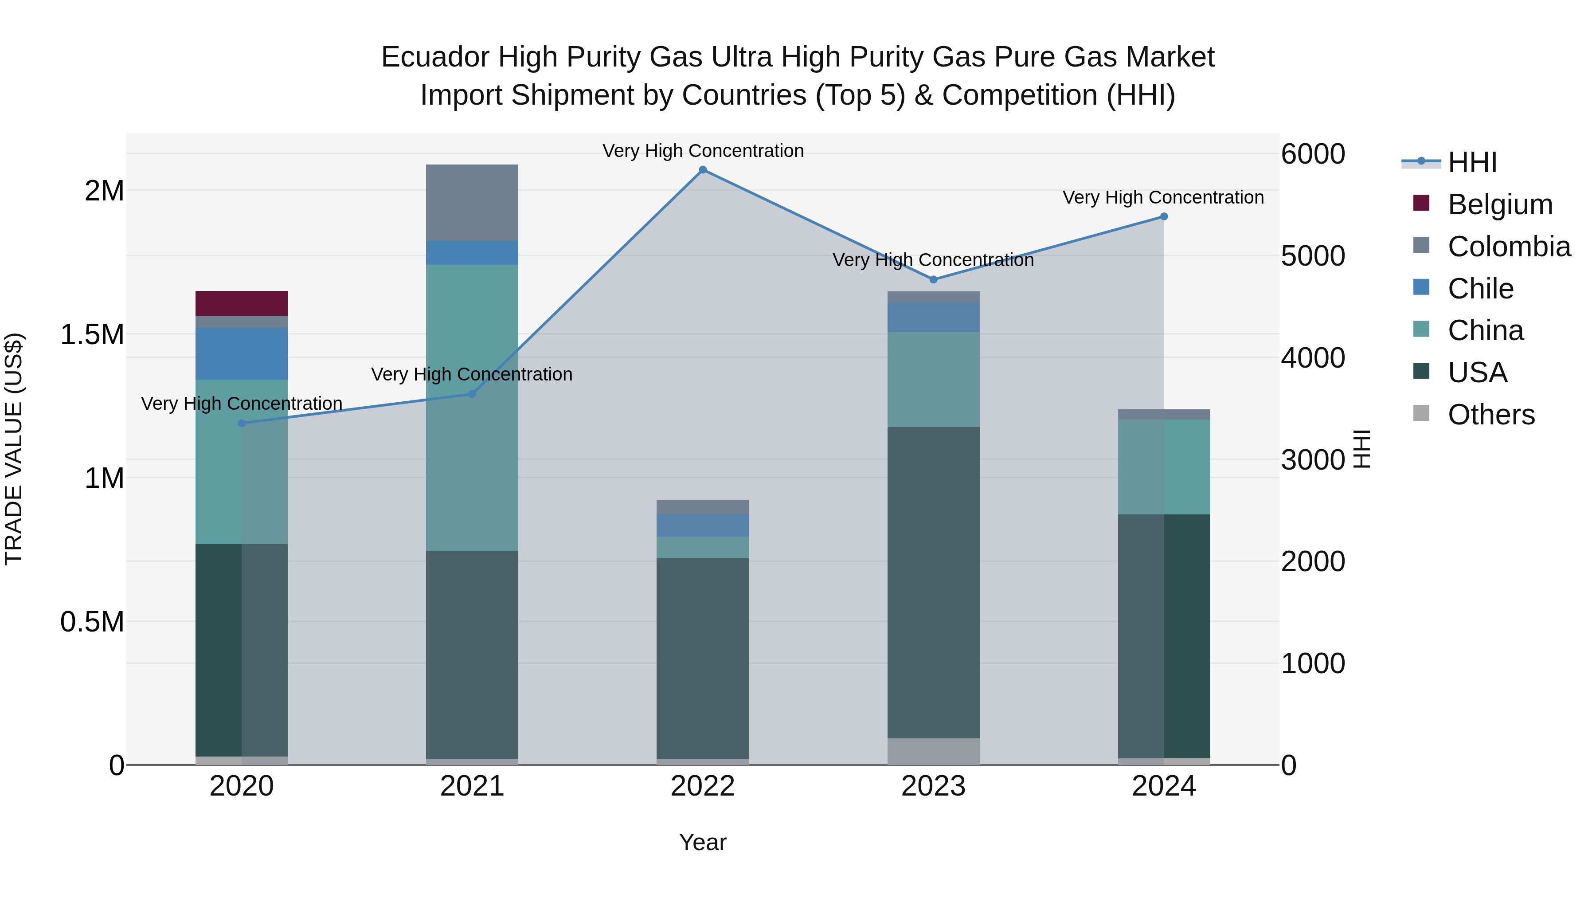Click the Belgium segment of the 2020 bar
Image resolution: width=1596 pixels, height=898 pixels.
pos(242,303)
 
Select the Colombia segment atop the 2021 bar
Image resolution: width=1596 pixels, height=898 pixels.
pos(472,203)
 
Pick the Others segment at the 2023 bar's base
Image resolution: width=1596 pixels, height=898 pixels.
pos(934,751)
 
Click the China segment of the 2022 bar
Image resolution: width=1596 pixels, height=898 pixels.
pos(703,547)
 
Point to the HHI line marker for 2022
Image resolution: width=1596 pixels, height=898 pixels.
pos(703,170)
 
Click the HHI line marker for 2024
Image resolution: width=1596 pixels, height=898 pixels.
pos(1164,216)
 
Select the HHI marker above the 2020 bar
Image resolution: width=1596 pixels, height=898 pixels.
pos(242,424)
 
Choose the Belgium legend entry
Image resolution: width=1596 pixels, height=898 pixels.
pos(1500,204)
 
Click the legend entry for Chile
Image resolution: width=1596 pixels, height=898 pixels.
pos(1480,289)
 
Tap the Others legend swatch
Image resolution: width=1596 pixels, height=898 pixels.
pos(1421,413)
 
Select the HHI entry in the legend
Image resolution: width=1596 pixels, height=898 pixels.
pos(1471,162)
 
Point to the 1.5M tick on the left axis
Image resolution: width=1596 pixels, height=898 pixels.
pos(92,335)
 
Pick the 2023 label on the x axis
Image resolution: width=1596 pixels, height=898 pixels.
pos(933,786)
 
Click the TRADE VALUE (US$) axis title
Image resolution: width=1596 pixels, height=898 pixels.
pos(14,449)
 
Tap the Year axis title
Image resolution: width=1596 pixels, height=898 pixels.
pos(703,842)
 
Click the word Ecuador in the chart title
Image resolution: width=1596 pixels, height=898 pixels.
pos(435,57)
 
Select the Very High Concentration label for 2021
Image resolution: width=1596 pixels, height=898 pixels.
pos(472,374)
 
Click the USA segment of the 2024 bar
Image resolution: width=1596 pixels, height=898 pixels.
pos(1164,635)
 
